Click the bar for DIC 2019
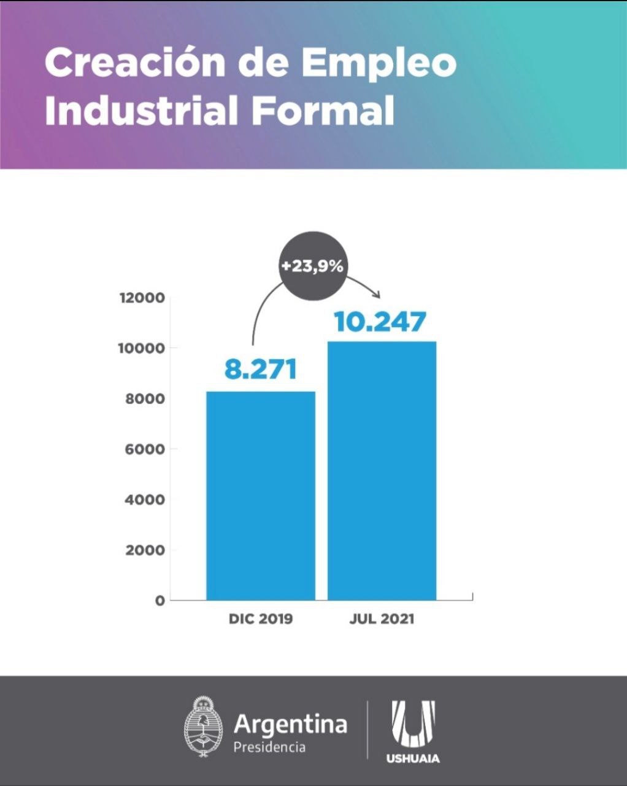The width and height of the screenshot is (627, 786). (x=260, y=496)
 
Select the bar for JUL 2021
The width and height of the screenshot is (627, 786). (x=382, y=470)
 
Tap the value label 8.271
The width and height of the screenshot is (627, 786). (x=260, y=369)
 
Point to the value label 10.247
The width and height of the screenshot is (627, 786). (x=380, y=321)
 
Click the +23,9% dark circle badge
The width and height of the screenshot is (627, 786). (x=312, y=267)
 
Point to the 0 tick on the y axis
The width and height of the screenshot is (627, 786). (x=160, y=601)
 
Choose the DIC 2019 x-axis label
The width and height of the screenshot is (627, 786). (x=261, y=618)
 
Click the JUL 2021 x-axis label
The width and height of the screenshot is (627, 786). (x=382, y=618)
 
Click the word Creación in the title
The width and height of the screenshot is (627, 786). (x=134, y=63)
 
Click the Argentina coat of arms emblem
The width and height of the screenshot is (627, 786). (x=203, y=728)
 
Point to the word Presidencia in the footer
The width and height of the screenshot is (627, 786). (x=269, y=747)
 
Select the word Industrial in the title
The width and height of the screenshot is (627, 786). (x=141, y=111)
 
